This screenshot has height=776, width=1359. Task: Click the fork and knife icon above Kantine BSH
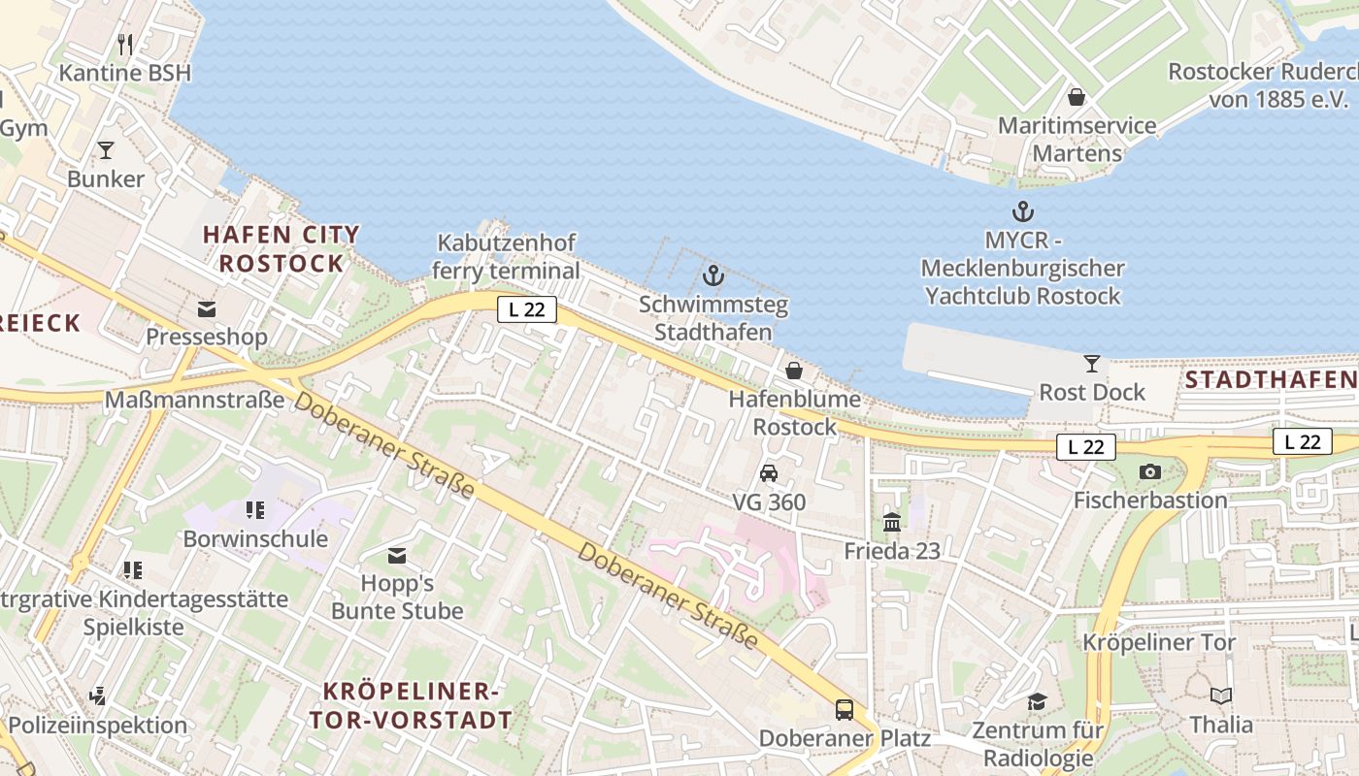tap(125, 45)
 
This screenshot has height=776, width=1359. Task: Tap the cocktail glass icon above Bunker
tap(106, 150)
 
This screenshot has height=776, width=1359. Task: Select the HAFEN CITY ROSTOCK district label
tap(281, 248)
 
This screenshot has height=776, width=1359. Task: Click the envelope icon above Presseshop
tap(206, 309)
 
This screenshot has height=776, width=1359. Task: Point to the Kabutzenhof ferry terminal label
tap(506, 257)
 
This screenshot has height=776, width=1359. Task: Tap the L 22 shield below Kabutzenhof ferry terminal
tap(527, 309)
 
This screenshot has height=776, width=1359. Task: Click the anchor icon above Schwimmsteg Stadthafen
tap(713, 276)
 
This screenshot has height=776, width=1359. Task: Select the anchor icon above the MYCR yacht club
tap(1022, 211)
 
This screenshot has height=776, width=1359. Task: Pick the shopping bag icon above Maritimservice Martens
tap(1077, 97)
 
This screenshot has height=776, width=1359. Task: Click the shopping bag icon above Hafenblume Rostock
tap(794, 371)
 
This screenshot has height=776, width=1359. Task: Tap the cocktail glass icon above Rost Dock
tap(1092, 364)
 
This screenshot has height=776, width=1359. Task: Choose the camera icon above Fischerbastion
tap(1150, 472)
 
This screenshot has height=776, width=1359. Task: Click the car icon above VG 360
tap(769, 473)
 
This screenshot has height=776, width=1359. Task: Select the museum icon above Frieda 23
tap(892, 524)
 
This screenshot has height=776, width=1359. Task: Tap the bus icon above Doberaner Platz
tap(845, 710)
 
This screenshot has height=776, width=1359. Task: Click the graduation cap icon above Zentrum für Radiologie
tap(1038, 701)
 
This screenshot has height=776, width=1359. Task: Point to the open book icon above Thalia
tap(1221, 696)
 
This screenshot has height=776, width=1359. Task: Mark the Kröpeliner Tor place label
tap(1159, 642)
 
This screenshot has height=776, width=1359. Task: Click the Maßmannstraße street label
tap(194, 400)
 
